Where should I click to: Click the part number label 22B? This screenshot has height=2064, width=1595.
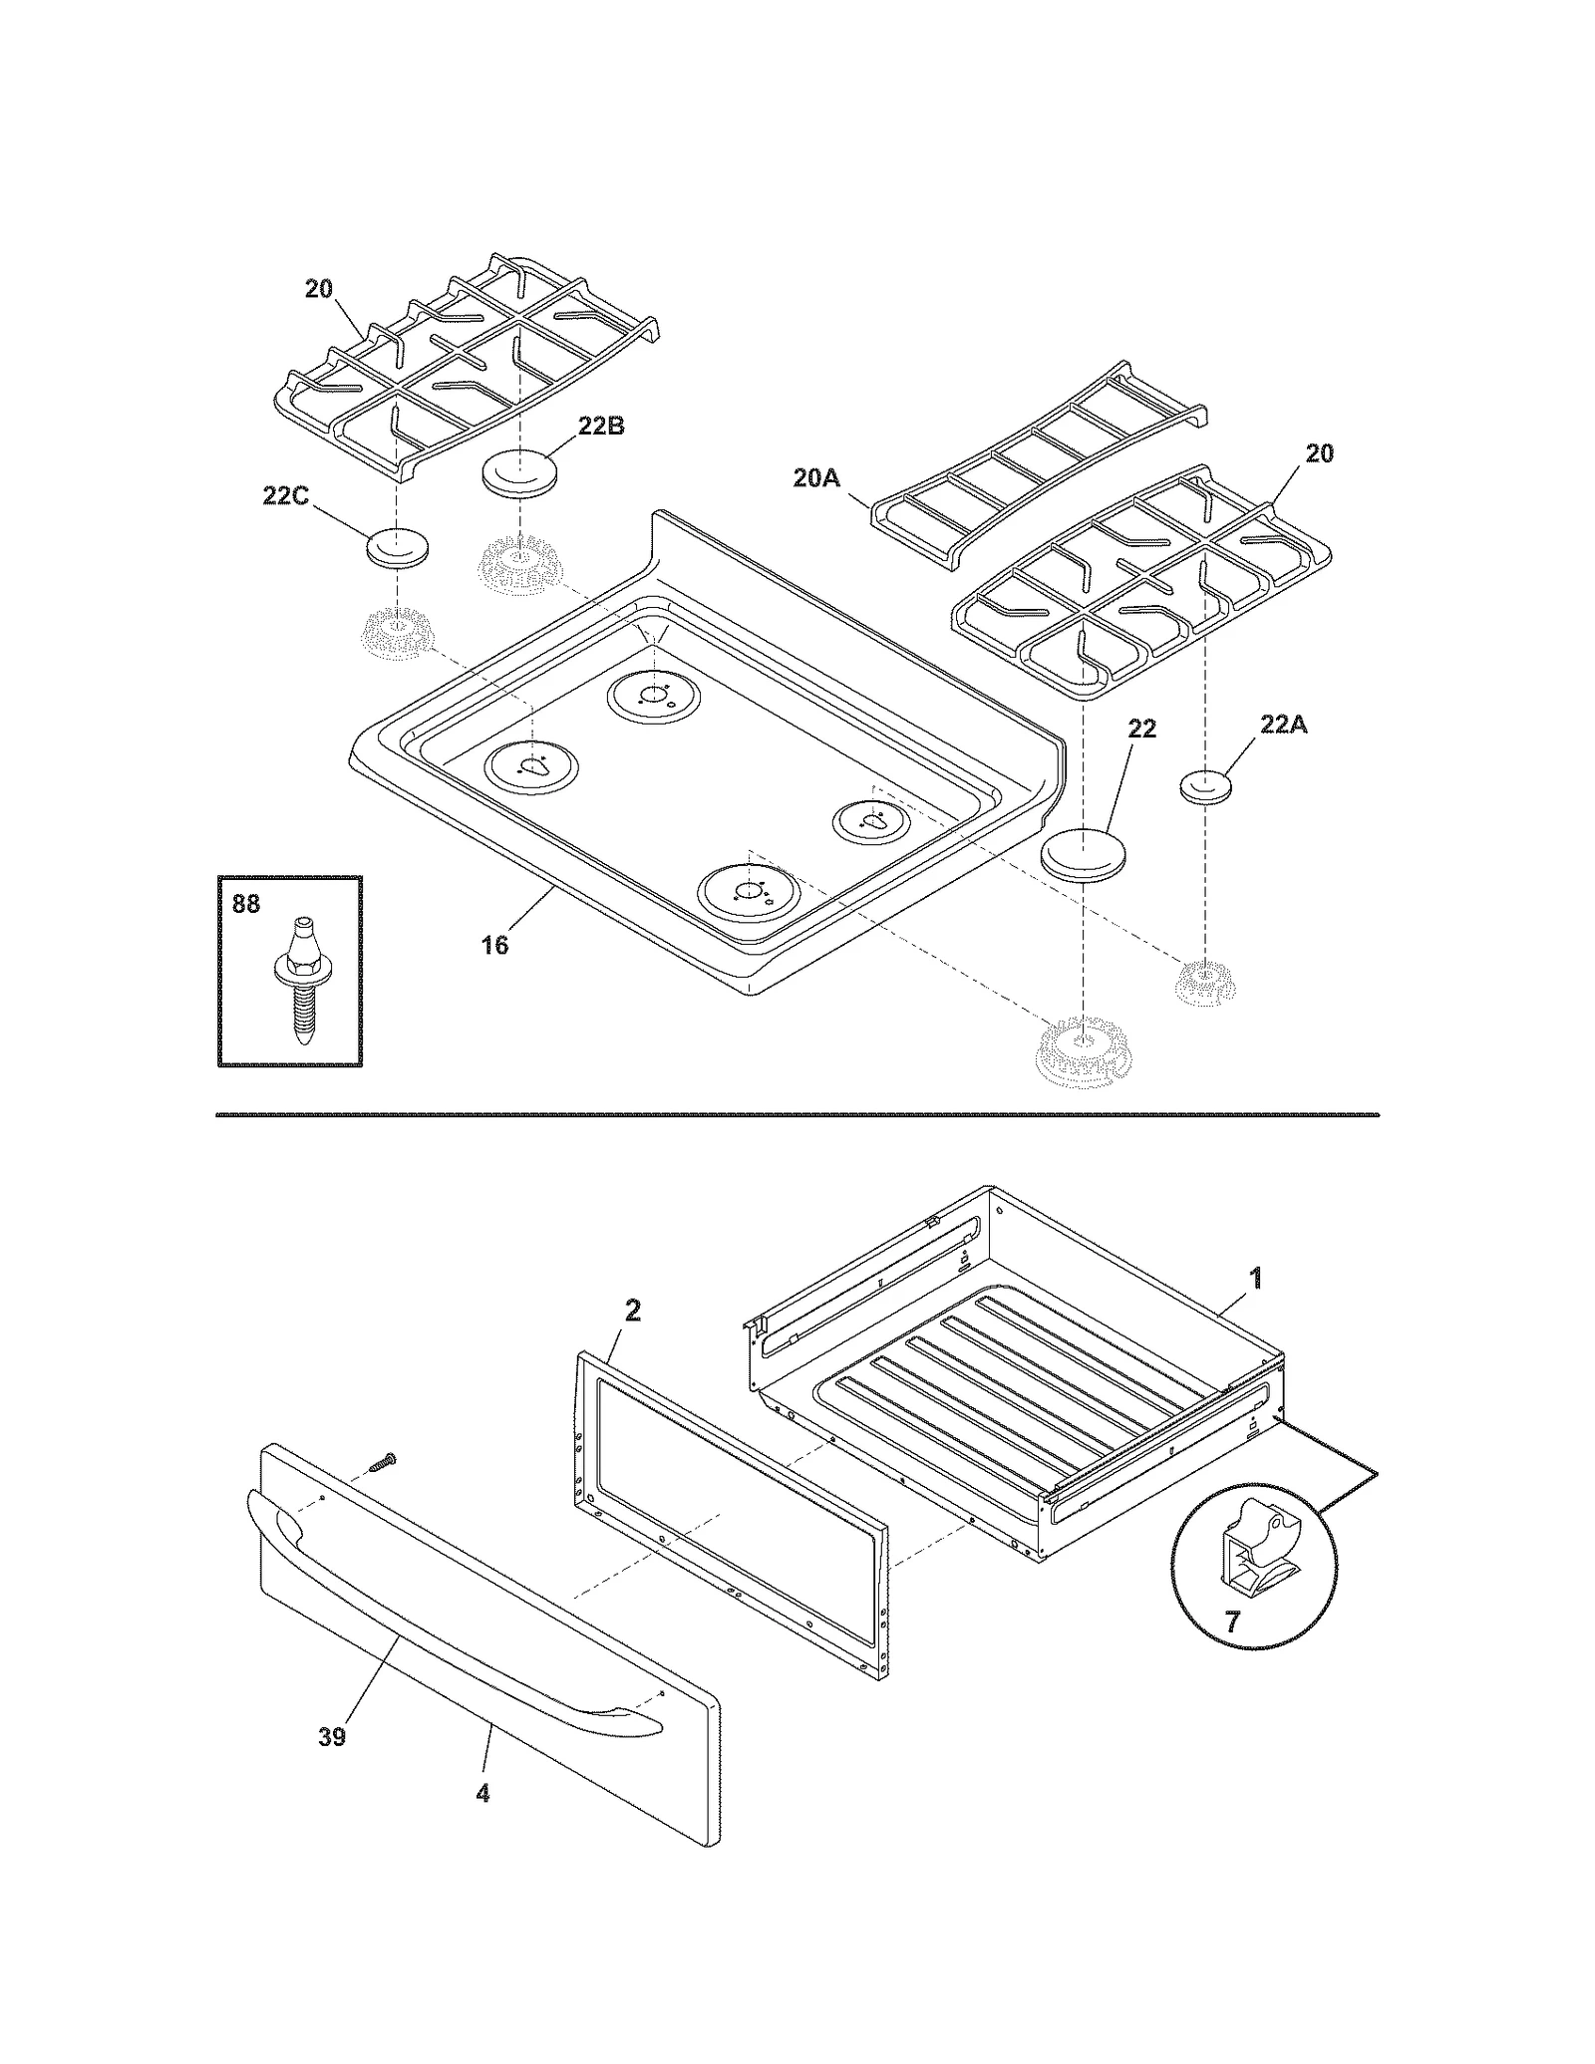pyautogui.click(x=601, y=426)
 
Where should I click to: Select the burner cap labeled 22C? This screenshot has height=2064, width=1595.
pyautogui.click(x=398, y=549)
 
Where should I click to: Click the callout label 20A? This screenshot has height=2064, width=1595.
pyautogui.click(x=816, y=478)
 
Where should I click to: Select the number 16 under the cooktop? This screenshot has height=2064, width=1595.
pyautogui.click(x=494, y=945)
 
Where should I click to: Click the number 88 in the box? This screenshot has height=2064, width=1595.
pyautogui.click(x=245, y=904)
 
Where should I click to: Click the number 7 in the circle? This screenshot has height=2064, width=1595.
pyautogui.click(x=1232, y=1622)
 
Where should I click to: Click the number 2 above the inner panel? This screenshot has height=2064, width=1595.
pyautogui.click(x=632, y=1311)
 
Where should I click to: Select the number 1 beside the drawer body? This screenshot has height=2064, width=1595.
pyautogui.click(x=1256, y=1277)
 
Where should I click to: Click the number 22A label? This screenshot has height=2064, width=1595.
pyautogui.click(x=1283, y=725)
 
